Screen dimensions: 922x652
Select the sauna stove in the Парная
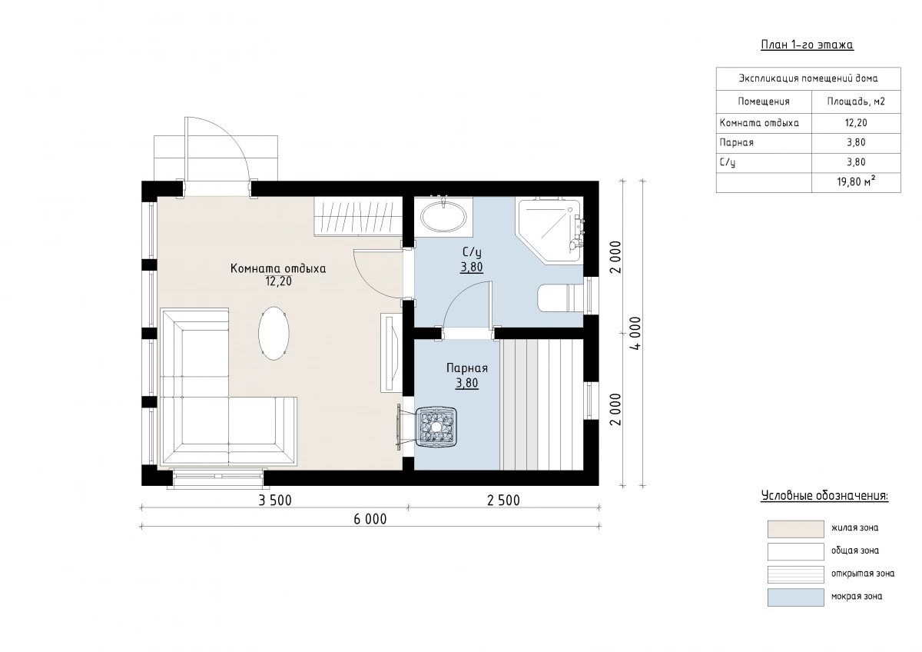pyautogui.click(x=436, y=427)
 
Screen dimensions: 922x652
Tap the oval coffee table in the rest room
pyautogui.click(x=274, y=333)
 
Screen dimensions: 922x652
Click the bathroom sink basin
pyautogui.click(x=444, y=216)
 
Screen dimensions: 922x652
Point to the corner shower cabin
pyautogui.click(x=549, y=231)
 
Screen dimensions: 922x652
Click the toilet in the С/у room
pyautogui.click(x=561, y=298)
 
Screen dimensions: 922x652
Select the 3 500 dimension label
pyautogui.click(x=274, y=501)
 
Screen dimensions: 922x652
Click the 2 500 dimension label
pyautogui.click(x=503, y=501)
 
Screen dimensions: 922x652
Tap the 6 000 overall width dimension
pyautogui.click(x=370, y=520)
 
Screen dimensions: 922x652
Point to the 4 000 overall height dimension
pyautogui.click(x=635, y=333)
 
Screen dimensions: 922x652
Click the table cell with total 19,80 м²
pyautogui.click(x=856, y=182)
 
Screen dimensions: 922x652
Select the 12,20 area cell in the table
pyautogui.click(x=856, y=123)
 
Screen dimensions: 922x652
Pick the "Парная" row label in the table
pyautogui.click(x=736, y=142)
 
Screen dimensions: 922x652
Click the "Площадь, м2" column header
pyautogui.click(x=856, y=101)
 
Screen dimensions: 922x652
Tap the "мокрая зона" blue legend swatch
pyautogui.click(x=796, y=597)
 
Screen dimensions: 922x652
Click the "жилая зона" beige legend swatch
pyautogui.click(x=796, y=529)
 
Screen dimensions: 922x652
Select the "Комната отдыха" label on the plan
pyautogui.click(x=278, y=268)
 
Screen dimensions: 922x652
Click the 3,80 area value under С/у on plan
pyautogui.click(x=472, y=268)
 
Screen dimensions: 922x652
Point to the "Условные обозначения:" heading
pyautogui.click(x=824, y=495)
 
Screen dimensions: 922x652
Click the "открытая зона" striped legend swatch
pyautogui.click(x=796, y=574)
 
